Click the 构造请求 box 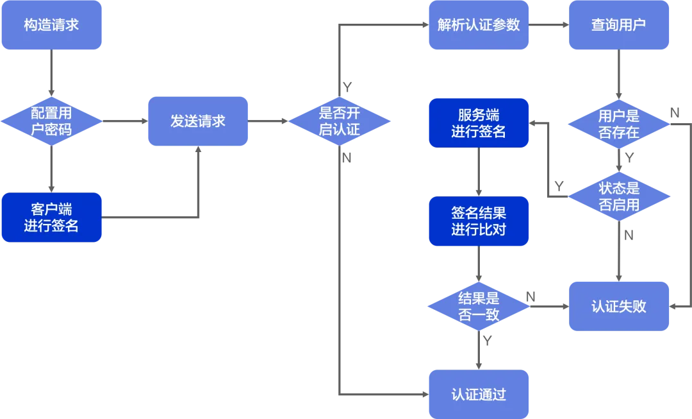(51, 25)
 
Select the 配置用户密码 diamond (51, 121)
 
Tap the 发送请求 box (198, 121)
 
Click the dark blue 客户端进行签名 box (51, 218)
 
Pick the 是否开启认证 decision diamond (340, 121)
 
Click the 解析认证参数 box (479, 25)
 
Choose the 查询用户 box (619, 25)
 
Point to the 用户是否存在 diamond (619, 124)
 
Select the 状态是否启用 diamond (619, 196)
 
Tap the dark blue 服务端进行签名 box (479, 123)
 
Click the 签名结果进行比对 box (479, 221)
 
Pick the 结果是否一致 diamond (479, 307)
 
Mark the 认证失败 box (619, 307)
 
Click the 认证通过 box (479, 394)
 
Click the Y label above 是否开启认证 (347, 87)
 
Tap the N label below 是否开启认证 (347, 158)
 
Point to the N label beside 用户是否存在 (675, 113)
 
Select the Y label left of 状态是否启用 (559, 186)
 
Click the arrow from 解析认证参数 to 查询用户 (548, 25)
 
